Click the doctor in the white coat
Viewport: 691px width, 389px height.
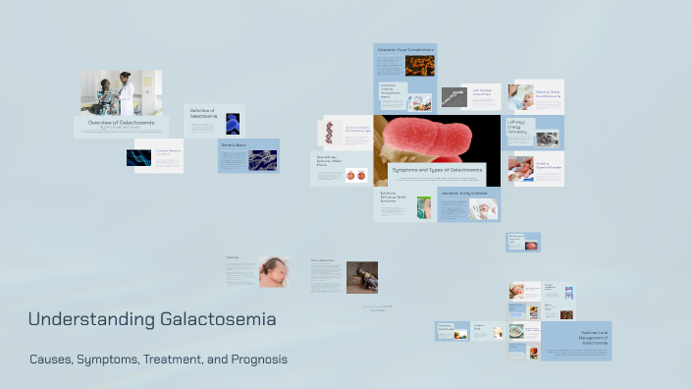click(x=125, y=92)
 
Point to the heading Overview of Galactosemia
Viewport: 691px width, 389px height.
click(x=120, y=123)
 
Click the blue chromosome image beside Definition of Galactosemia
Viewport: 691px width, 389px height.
click(x=233, y=122)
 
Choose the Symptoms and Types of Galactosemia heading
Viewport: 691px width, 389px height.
click(x=437, y=170)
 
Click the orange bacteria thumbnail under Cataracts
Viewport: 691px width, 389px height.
click(x=420, y=66)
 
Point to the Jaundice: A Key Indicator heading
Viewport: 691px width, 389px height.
click(x=464, y=193)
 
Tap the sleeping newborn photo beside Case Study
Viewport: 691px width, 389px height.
click(x=273, y=272)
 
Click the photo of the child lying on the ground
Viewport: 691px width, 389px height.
click(x=361, y=277)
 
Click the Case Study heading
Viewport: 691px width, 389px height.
click(x=233, y=258)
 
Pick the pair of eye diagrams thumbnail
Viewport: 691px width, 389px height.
click(x=355, y=176)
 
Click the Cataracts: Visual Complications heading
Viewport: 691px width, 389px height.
click(x=403, y=47)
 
